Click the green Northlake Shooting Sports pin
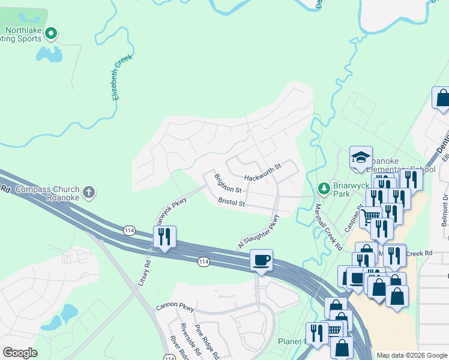pos(51,33)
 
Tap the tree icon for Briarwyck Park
pos(324,190)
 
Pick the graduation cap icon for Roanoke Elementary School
pos(361,157)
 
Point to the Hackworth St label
pos(263,172)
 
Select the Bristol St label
pos(231,203)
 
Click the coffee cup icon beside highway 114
pos(261,260)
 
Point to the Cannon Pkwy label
pos(175,307)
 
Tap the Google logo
pos(20,352)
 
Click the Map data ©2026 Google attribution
pos(411,355)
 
